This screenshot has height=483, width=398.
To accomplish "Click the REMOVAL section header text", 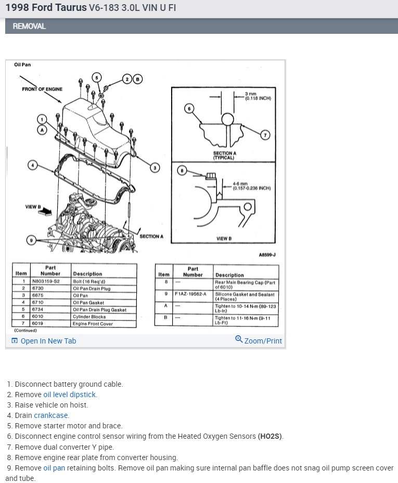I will click(x=29, y=26).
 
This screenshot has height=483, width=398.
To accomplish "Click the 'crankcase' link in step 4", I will click(x=51, y=415).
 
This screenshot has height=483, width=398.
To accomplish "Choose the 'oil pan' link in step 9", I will click(x=54, y=468).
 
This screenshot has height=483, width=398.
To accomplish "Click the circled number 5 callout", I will click(x=96, y=78).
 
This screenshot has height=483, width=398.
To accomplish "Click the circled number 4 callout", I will click(x=32, y=166).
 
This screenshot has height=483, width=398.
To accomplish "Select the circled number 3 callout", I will click(x=155, y=167).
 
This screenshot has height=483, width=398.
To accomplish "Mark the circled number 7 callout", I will click(x=264, y=135).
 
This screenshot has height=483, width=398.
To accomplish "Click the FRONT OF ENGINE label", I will click(x=42, y=89).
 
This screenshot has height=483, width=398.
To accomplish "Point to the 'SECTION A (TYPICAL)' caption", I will click(x=224, y=155).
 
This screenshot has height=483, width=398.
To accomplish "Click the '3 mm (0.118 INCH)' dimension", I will click(x=258, y=96).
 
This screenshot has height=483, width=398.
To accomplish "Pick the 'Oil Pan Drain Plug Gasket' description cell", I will click(x=99, y=309).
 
